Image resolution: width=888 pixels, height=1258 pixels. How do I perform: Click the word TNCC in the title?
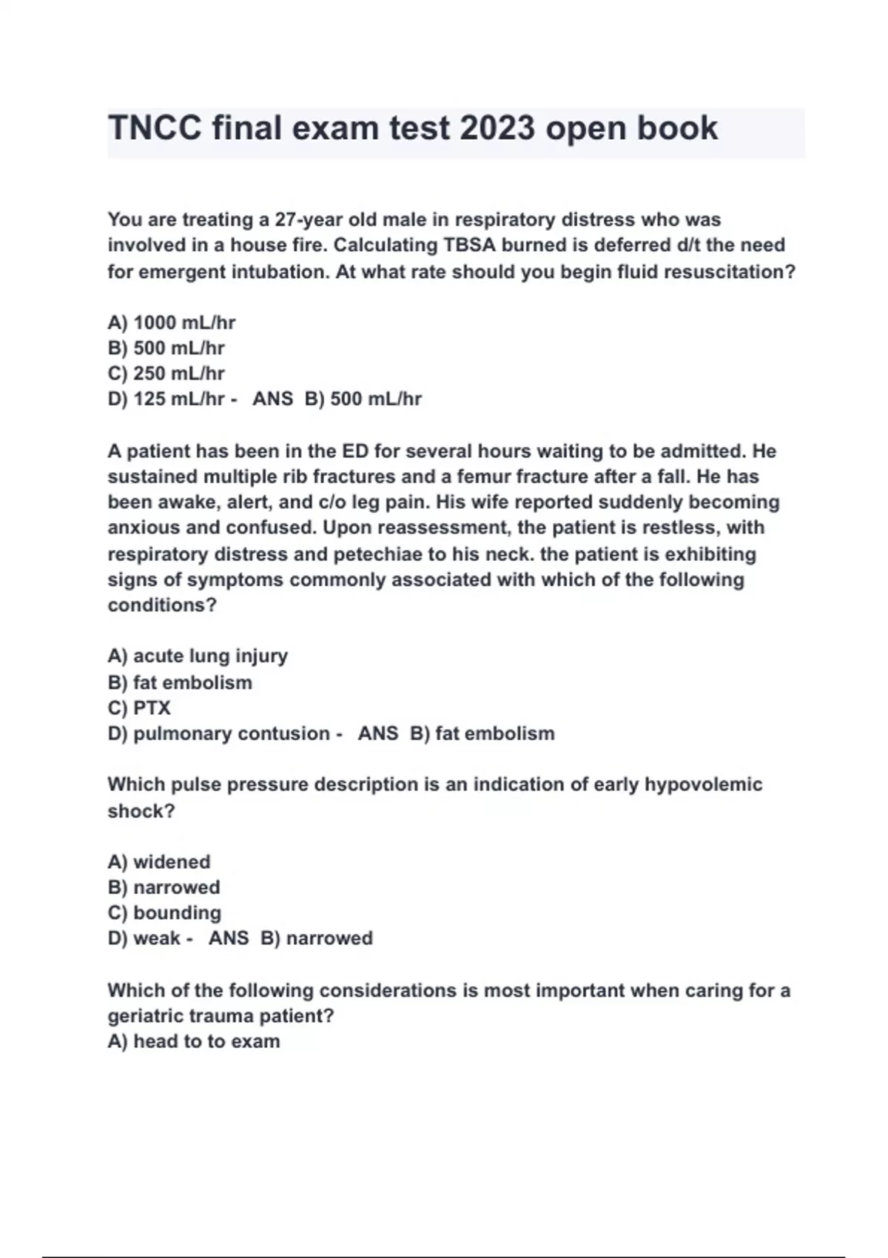tap(155, 128)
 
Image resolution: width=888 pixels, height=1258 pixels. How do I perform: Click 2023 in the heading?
tap(497, 128)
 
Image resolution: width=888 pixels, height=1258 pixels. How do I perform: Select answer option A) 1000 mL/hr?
tap(172, 323)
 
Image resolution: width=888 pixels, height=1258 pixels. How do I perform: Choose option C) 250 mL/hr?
tap(166, 374)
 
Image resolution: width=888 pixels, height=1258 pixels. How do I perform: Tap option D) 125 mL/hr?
tap(166, 399)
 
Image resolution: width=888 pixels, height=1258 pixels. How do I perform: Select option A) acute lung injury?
tap(198, 656)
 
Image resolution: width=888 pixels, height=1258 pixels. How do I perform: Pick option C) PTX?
tap(139, 708)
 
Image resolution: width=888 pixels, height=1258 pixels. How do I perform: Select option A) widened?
tap(159, 862)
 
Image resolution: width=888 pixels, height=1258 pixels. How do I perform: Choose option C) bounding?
tap(164, 912)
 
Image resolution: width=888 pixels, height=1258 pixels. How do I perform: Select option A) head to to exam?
tap(194, 1041)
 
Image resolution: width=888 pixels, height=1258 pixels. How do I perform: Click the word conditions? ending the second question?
tap(162, 605)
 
